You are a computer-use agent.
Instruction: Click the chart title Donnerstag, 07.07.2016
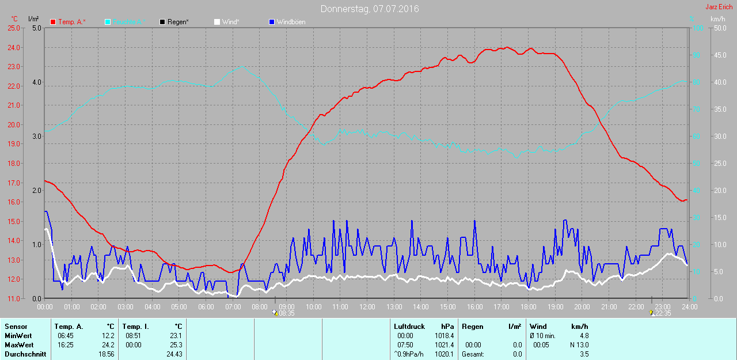click(370, 9)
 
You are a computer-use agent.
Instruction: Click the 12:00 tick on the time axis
click(367, 306)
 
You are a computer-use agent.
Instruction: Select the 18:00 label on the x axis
click(528, 306)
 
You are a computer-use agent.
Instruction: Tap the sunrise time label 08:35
click(287, 313)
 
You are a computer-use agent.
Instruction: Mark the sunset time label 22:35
click(663, 313)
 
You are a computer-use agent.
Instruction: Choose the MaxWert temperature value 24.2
click(108, 345)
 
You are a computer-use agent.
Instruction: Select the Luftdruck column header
click(409, 327)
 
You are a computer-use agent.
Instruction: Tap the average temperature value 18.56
click(107, 354)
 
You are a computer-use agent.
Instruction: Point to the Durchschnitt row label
click(25, 354)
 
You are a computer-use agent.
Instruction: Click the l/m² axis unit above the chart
click(33, 19)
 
